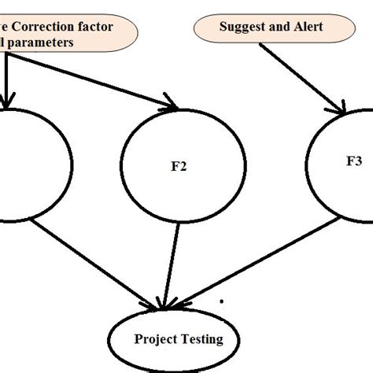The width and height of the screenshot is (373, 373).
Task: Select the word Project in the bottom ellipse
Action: point(156,340)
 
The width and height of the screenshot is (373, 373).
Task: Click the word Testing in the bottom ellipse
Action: point(200,340)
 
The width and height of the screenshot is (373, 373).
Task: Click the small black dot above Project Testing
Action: point(223,301)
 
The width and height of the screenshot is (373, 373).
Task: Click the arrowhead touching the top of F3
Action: point(339,109)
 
